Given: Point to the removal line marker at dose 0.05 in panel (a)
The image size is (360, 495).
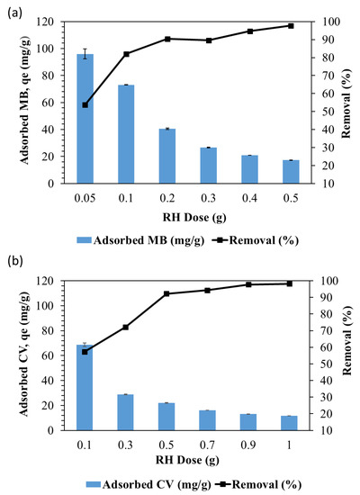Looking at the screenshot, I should (85, 105).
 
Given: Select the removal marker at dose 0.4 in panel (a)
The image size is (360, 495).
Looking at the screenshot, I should (249, 31).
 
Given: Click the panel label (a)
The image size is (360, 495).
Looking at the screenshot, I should (14, 9).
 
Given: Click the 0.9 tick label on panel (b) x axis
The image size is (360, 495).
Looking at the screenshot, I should (249, 443).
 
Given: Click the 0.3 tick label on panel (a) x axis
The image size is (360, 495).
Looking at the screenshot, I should (208, 196).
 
